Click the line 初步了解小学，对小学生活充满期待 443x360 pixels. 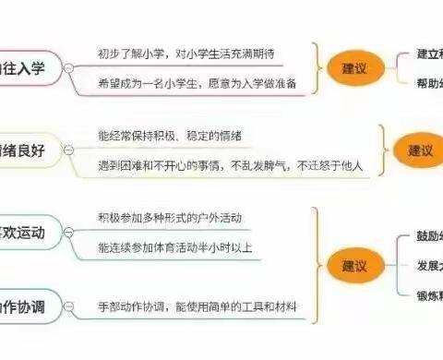[187, 54]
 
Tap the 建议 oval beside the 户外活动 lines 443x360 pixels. [353, 265]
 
